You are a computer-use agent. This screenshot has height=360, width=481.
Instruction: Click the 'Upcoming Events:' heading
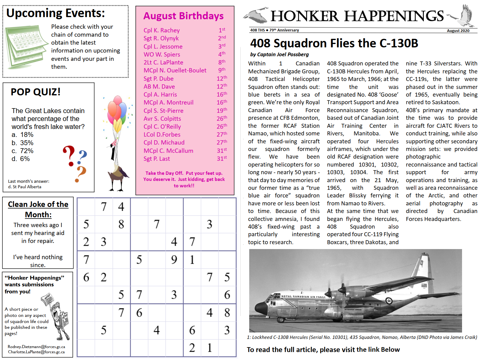pos(56,13)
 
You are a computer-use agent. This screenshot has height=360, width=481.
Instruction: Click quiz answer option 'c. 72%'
pos(23,151)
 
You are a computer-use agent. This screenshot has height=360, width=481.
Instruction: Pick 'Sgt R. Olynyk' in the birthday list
pos(161,39)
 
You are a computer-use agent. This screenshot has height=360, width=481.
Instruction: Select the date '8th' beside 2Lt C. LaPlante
pos(222,62)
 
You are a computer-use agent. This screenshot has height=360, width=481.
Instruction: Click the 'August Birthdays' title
pos(183,16)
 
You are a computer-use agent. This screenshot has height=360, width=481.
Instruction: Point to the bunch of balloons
pos(117,110)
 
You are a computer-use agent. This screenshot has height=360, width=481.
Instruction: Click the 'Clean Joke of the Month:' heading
pos(38,209)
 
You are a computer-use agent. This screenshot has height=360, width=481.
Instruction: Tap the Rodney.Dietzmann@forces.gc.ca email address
pos(36,347)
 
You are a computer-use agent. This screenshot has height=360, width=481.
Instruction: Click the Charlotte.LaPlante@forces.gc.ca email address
pos(36,352)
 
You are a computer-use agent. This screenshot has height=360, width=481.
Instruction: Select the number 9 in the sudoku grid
pos(174,260)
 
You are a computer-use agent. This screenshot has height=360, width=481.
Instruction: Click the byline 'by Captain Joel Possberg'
pos(279,54)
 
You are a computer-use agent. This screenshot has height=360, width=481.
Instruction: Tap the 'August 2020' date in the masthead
pos(458,31)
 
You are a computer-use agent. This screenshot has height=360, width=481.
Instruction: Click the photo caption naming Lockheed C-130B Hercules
pos(362,337)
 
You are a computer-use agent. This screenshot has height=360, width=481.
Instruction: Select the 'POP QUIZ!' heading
pos(35,92)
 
